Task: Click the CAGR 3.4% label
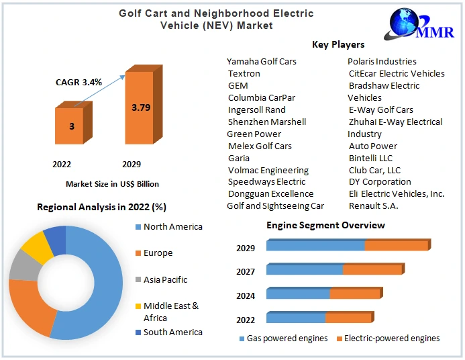[x=79, y=82]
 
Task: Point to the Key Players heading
[x=338, y=44]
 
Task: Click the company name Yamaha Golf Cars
[x=261, y=61]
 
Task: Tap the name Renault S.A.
[x=373, y=206]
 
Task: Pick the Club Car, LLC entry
[x=374, y=170]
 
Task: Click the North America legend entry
[x=172, y=227]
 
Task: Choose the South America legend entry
[x=172, y=332]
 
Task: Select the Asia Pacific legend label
[x=165, y=279]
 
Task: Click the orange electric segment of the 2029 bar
[x=397, y=245]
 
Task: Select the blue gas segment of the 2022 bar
[x=296, y=318]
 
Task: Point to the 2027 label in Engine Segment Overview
[x=246, y=271]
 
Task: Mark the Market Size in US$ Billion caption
[x=112, y=183]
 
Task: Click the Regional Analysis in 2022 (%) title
[x=101, y=207]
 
